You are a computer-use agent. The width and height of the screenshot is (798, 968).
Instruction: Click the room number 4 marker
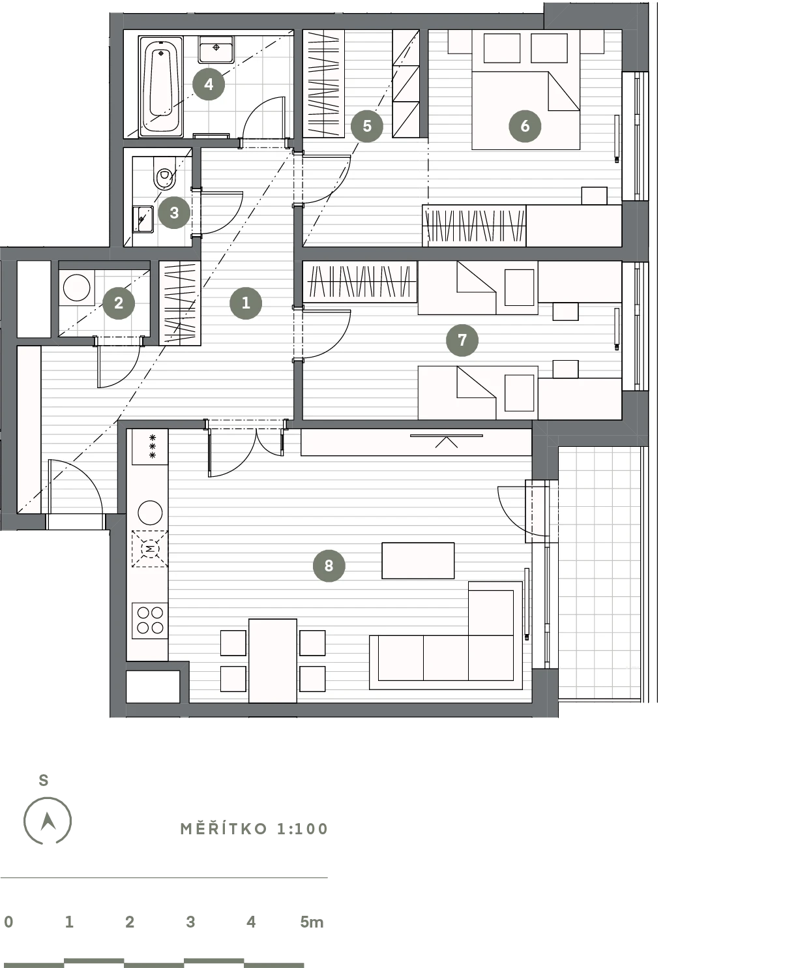[209, 84]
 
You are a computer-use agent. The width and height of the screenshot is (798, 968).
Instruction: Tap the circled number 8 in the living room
[329, 566]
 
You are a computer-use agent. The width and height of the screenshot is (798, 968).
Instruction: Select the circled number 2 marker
[119, 303]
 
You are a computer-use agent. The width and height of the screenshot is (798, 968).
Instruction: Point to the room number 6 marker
[525, 126]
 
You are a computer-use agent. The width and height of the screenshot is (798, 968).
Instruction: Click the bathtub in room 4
[160, 86]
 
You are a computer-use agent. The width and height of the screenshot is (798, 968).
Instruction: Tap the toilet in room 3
[164, 174]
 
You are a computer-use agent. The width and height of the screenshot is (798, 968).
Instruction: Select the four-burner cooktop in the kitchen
[150, 620]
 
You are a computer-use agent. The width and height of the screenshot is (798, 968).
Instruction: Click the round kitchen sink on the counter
[150, 513]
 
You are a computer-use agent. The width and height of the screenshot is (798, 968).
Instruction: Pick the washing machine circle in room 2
[76, 288]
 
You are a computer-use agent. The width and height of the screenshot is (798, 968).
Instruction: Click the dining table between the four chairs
[273, 661]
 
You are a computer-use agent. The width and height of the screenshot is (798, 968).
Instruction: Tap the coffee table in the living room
[418, 560]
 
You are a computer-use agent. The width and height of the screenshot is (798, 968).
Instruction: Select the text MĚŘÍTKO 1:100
[254, 829]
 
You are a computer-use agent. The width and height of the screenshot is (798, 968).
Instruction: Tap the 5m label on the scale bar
[312, 922]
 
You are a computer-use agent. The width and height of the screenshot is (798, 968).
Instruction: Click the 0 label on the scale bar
[8, 922]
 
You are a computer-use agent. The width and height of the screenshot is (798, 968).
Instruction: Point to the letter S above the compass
[44, 780]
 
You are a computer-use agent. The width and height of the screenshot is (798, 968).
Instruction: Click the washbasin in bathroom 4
[216, 50]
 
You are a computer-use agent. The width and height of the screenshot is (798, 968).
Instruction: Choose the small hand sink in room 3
[143, 219]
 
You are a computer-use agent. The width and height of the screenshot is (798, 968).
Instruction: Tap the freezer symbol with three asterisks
[150, 446]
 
